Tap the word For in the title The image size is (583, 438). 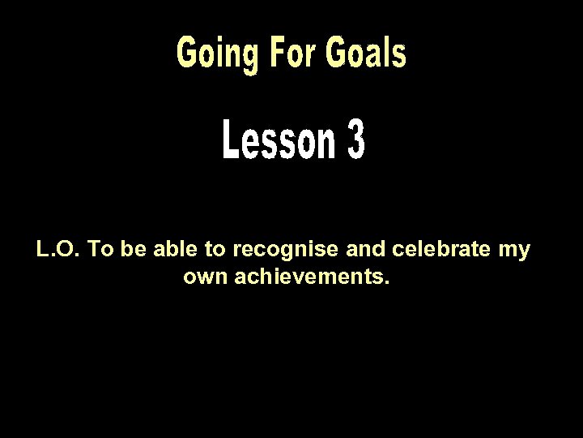283,53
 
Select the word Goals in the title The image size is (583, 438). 364,53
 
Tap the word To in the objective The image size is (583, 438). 100,250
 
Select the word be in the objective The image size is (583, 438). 130,250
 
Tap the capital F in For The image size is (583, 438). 267,53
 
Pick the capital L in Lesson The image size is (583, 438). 227,143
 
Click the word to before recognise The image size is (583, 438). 207,250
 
